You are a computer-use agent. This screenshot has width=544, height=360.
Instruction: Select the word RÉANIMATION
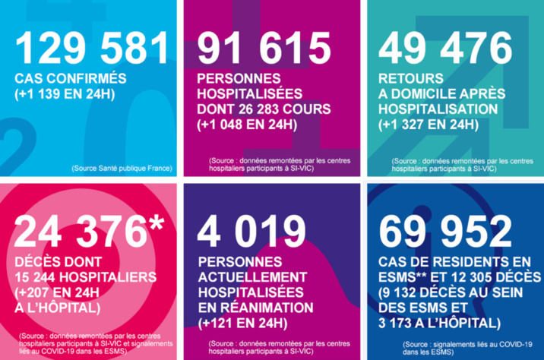[255, 308]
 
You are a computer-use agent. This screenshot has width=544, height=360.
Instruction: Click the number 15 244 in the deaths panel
[43, 276]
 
